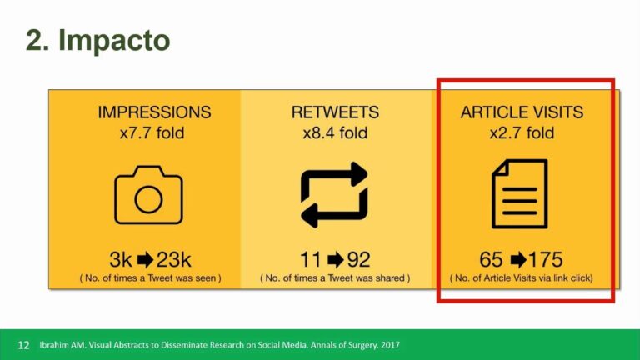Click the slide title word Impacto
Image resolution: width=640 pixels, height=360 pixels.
(x=114, y=41)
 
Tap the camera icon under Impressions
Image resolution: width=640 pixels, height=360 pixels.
(x=148, y=195)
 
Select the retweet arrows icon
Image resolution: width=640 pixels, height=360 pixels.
(x=334, y=195)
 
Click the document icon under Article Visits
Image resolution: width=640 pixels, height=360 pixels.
(x=520, y=194)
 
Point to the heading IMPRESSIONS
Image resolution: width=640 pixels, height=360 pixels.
(x=154, y=112)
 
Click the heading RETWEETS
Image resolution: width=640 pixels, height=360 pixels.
(x=335, y=112)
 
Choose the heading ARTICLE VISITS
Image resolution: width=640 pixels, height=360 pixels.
(x=522, y=112)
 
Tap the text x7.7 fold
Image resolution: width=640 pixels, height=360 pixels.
(x=152, y=133)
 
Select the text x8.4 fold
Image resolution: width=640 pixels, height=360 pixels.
(x=335, y=133)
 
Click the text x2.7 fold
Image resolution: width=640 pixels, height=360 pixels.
(x=522, y=133)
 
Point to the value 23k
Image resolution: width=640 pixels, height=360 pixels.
(x=174, y=260)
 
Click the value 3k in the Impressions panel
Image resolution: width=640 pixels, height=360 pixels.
(x=121, y=260)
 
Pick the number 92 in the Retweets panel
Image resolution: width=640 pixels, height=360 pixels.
(x=359, y=260)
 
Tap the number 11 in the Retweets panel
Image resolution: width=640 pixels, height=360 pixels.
(x=312, y=260)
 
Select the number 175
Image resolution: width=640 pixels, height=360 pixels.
(x=546, y=260)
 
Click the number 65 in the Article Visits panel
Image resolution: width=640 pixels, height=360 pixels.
(x=491, y=260)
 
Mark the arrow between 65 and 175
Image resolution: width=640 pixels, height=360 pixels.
(x=518, y=260)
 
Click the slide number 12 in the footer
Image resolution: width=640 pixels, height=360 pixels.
(x=23, y=345)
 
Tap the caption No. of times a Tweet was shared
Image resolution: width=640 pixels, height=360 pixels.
(x=335, y=278)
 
